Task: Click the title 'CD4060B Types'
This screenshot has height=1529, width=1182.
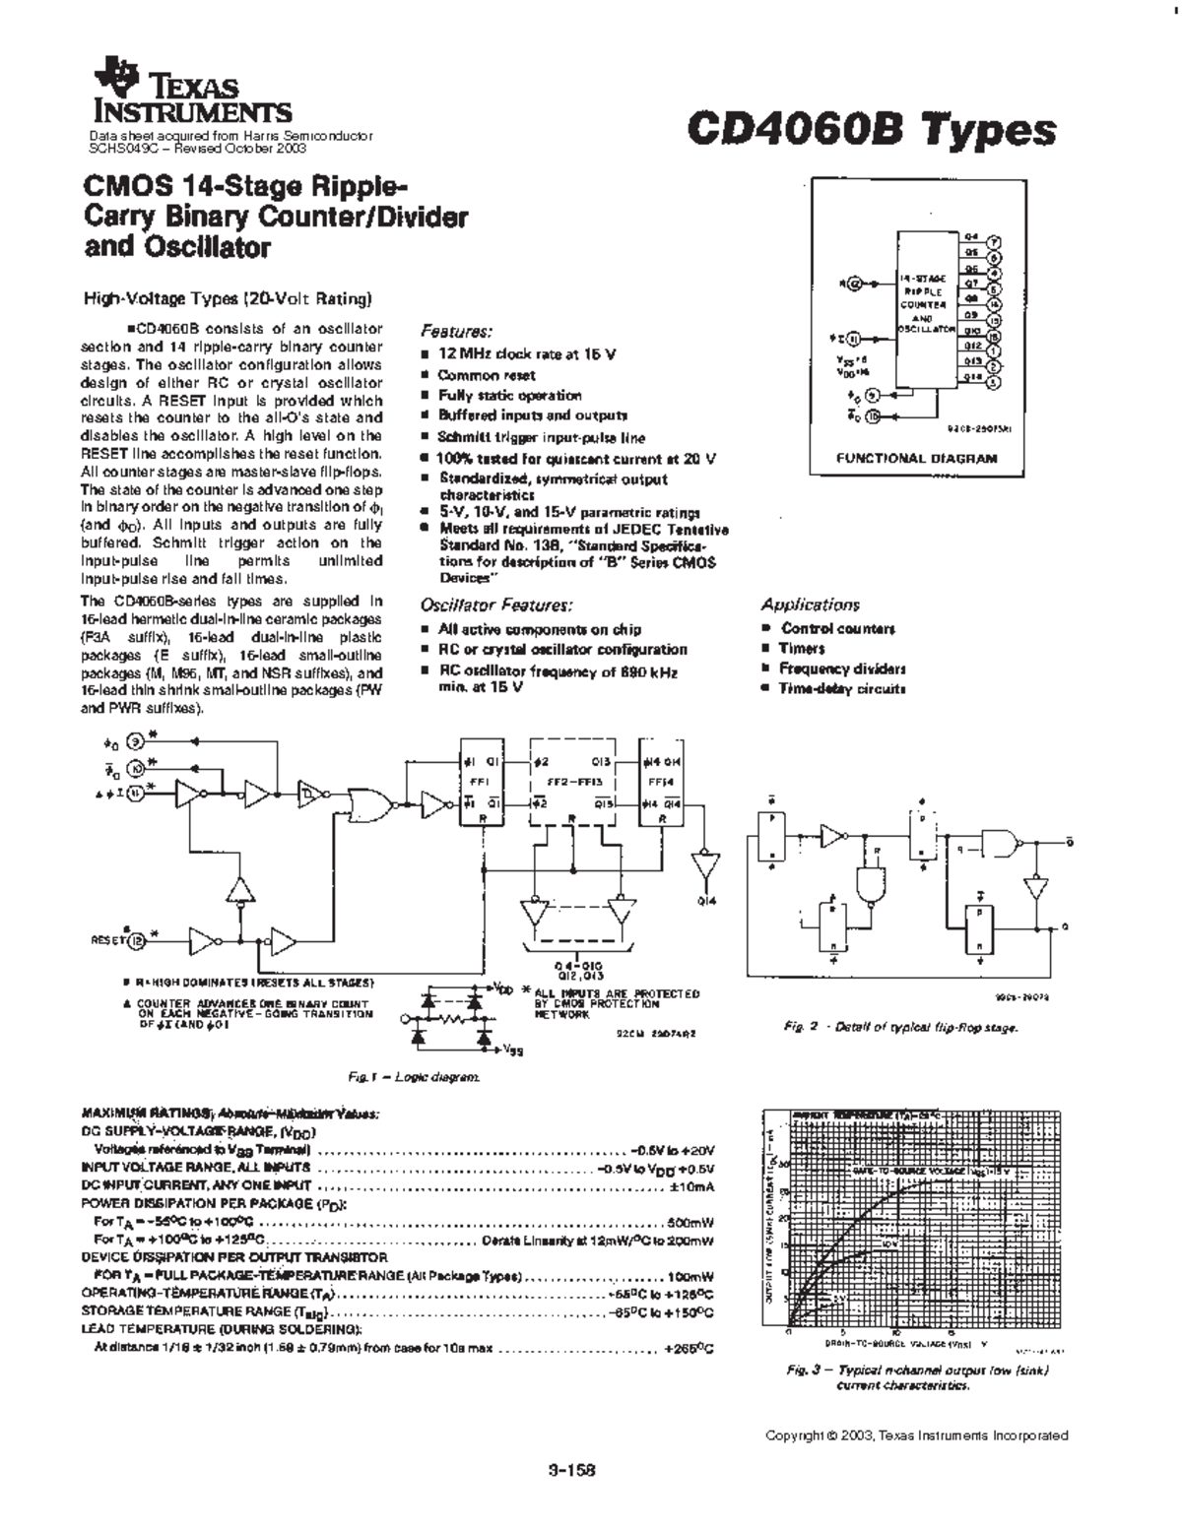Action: coord(873,129)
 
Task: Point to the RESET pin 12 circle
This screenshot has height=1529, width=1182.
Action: coord(138,941)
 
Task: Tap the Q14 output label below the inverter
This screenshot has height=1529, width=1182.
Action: coord(705,901)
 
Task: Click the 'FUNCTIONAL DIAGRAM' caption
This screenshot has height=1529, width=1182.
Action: coord(916,458)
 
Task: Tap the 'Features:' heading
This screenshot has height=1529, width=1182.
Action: coord(456,332)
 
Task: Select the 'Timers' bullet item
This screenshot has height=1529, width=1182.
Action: coord(802,648)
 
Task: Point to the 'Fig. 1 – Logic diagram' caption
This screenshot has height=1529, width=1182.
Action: coord(414,1078)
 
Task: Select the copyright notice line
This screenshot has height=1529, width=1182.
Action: coord(916,1435)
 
